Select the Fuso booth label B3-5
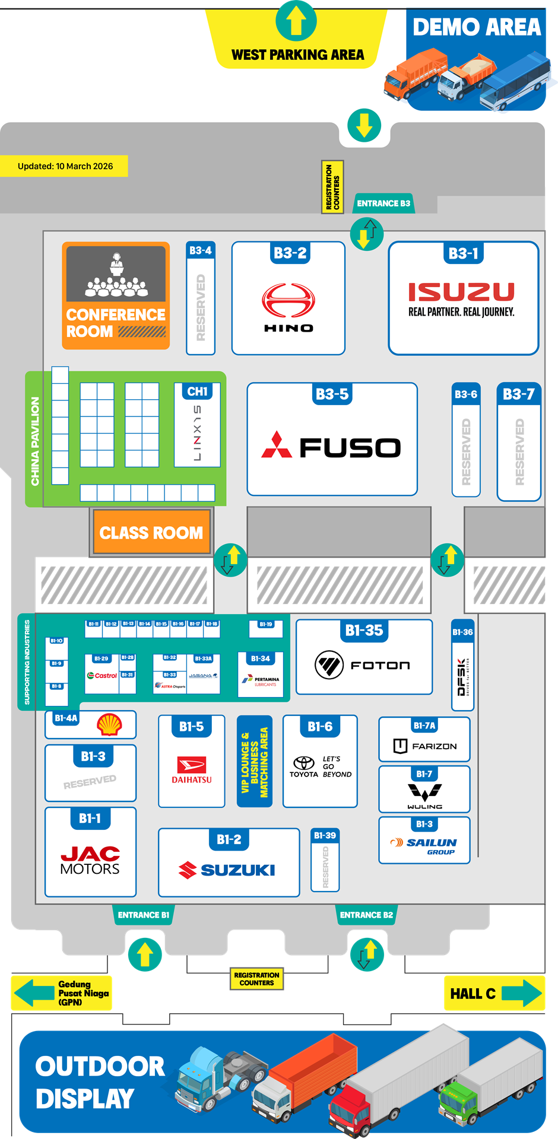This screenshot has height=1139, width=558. coord(332,394)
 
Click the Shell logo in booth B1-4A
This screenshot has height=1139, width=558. coord(110,724)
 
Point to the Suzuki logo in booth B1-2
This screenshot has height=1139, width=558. coord(227,870)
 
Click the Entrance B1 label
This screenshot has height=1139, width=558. coord(144,915)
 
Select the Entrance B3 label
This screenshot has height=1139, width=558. coord(383,203)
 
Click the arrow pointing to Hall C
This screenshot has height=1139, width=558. coord(522,993)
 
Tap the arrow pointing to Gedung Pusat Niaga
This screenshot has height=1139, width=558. coord(34,993)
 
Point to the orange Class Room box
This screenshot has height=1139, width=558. coord(151,532)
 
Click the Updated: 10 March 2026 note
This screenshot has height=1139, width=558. coord(65,166)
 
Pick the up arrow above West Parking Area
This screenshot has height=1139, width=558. coord(296,21)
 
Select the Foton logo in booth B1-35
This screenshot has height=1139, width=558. coord(363,665)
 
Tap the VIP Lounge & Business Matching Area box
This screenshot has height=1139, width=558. coord(255,762)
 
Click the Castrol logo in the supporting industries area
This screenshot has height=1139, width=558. coord(102,676)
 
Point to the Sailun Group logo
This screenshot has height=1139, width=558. coord(424,845)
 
